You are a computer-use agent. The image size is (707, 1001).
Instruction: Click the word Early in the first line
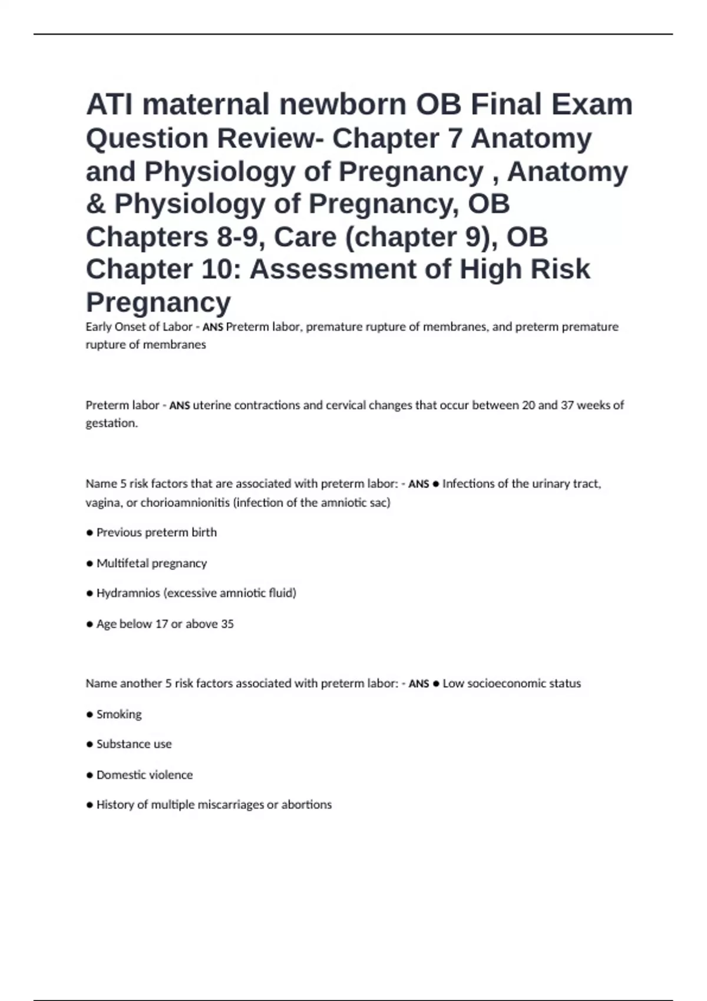click(98, 327)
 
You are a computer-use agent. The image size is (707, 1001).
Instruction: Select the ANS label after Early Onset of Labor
click(213, 327)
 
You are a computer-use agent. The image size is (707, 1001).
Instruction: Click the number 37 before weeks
click(567, 405)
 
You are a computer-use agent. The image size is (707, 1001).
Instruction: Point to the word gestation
click(111, 423)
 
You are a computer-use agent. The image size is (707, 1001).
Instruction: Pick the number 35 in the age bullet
click(227, 624)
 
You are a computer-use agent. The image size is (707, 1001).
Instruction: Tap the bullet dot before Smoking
click(90, 715)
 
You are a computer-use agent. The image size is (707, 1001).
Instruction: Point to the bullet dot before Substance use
click(90, 744)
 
